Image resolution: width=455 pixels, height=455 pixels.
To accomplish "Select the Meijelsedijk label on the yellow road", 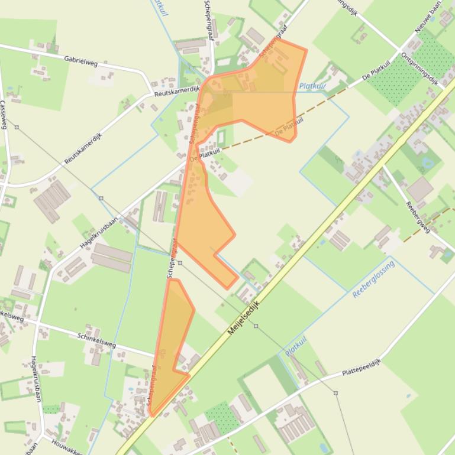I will tap(244, 317).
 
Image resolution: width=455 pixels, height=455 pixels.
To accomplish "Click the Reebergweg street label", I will tap(417, 215).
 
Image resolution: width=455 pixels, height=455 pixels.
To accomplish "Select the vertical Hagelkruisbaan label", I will tap(36, 379).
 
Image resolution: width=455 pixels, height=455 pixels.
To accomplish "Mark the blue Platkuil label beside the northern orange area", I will tap(312, 86).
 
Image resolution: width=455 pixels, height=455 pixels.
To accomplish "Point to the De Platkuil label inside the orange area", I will tap(290, 125).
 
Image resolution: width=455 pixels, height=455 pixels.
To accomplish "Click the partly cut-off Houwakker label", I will tap(66, 447).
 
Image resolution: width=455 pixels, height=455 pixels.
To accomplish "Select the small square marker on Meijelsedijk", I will tap(256, 326).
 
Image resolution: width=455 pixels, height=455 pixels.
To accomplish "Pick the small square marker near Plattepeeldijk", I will tap(335, 392).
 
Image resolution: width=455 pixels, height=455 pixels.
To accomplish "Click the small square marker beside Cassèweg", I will tap(17, 127).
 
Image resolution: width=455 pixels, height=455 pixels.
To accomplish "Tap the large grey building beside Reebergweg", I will tap(419, 189).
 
